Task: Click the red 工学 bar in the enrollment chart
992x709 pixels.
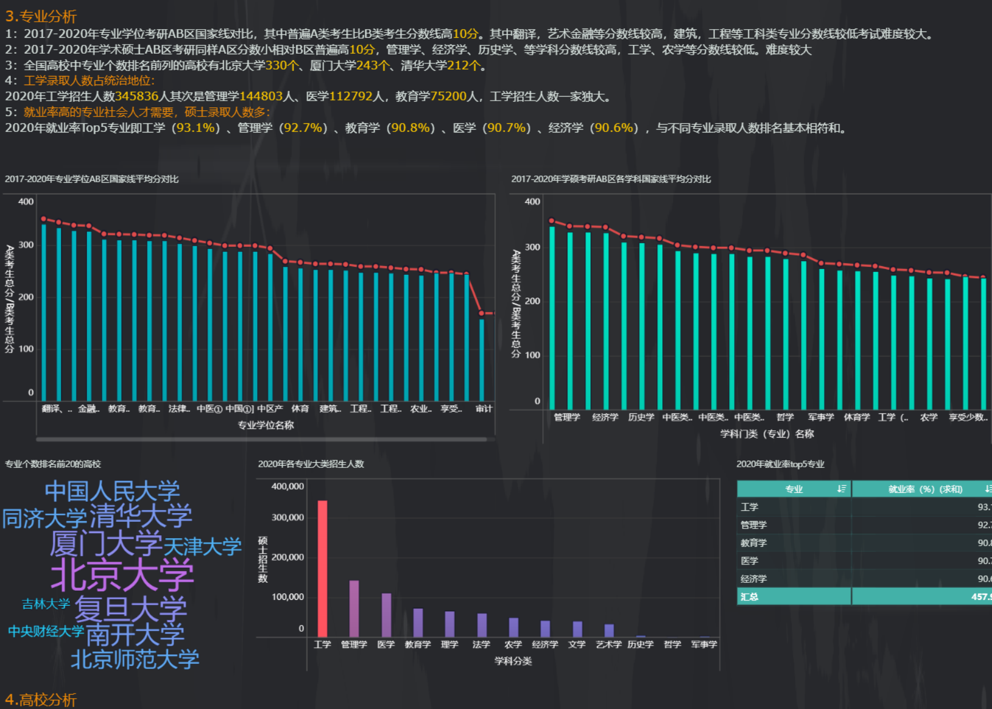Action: (322, 568)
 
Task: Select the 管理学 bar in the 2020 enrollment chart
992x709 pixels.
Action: (354, 608)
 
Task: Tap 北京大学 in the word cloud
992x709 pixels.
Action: (122, 575)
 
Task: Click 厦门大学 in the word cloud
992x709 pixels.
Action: (106, 543)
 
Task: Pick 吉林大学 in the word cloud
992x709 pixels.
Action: (46, 604)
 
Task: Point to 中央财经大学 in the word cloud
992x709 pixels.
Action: (46, 631)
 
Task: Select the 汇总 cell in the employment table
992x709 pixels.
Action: (749, 596)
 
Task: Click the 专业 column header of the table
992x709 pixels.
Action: (794, 489)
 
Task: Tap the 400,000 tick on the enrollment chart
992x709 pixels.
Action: (287, 486)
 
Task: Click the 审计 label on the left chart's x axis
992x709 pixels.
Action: (483, 408)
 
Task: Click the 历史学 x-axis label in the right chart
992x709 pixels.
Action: (641, 417)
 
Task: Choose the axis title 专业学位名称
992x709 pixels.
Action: (266, 425)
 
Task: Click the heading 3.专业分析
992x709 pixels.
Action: (41, 17)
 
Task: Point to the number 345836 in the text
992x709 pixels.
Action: (137, 97)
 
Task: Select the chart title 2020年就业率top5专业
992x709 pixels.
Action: (780, 464)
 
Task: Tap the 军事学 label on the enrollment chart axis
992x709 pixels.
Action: (703, 644)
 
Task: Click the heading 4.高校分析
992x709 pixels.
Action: (41, 699)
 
